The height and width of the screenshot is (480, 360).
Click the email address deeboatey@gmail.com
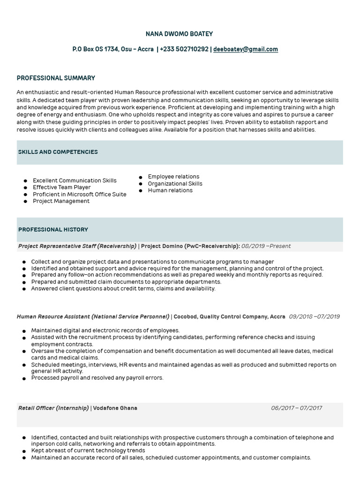click(x=246, y=49)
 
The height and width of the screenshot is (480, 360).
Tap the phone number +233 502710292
click(x=184, y=49)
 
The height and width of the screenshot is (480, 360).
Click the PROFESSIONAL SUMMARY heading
click(x=56, y=78)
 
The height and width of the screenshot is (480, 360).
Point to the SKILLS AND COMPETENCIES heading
click(x=58, y=152)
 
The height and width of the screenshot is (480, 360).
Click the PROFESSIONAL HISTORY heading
click(x=53, y=230)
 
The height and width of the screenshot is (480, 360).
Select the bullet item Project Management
click(x=61, y=201)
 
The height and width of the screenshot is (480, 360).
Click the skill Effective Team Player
click(x=61, y=187)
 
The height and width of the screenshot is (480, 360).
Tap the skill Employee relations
click(x=173, y=177)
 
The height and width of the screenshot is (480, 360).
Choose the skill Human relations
click(x=170, y=190)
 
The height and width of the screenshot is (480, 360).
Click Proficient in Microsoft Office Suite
click(x=79, y=194)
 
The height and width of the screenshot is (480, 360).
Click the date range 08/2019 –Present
click(x=266, y=246)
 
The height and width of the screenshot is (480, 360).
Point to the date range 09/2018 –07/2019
click(x=314, y=317)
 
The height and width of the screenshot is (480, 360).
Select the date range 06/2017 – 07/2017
click(x=296, y=408)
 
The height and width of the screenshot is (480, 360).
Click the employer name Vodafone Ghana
click(x=115, y=408)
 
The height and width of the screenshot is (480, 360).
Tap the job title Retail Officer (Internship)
click(x=53, y=408)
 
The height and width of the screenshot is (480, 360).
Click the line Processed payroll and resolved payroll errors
click(x=97, y=378)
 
